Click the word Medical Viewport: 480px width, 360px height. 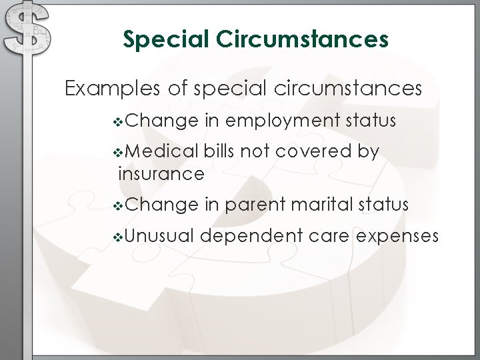coord(160,151)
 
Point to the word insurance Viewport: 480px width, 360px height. coord(161,174)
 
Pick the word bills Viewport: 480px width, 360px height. coord(219,151)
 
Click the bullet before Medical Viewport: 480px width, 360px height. coord(119,153)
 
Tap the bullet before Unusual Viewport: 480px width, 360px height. coord(119,236)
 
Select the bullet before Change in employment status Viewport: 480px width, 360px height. coord(119,122)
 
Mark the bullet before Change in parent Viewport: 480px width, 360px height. coord(119,205)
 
